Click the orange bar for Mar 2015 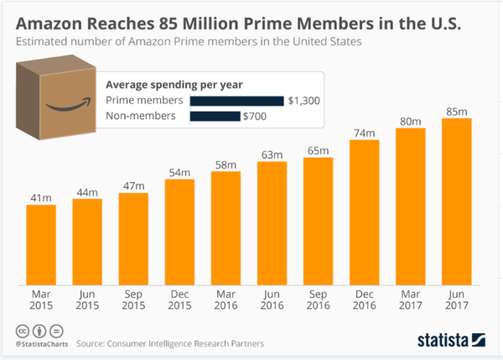(41, 243)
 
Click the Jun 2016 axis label (272, 301)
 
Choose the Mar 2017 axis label (411, 301)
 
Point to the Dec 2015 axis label (179, 301)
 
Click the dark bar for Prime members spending (237, 101)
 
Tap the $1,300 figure (303, 101)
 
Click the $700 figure (255, 117)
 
